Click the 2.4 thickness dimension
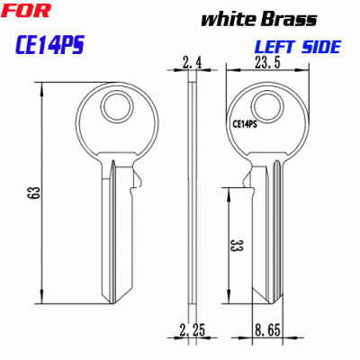[193, 63]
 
